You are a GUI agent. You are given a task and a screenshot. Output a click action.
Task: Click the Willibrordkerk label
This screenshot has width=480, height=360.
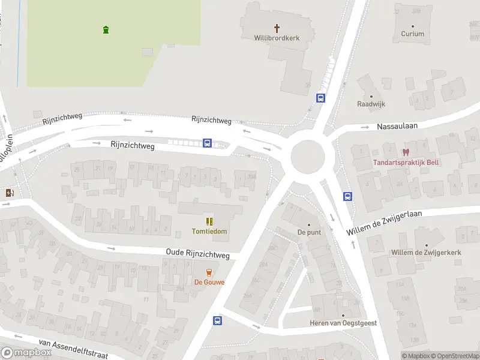click(277, 38)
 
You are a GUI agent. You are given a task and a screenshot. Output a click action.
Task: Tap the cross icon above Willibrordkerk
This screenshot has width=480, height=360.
click(277, 28)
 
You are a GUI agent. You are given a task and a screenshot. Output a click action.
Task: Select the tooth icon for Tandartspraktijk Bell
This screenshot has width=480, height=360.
click(406, 153)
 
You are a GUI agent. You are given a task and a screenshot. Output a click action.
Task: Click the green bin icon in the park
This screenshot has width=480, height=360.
click(106, 29)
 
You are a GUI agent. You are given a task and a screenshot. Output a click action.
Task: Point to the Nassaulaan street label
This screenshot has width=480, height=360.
click(397, 126)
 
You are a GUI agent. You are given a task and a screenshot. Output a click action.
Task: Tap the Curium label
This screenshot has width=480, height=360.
click(412, 34)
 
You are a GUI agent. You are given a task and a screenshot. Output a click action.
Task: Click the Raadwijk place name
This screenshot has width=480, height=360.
click(371, 104)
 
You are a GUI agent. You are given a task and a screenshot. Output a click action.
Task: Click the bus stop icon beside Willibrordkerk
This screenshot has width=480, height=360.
click(321, 98)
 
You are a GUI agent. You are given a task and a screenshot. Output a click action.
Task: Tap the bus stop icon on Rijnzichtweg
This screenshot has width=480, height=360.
click(207, 143)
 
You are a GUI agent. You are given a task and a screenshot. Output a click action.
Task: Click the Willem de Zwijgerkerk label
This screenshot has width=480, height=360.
click(426, 253)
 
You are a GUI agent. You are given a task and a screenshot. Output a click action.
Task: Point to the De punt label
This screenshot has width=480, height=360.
click(309, 232)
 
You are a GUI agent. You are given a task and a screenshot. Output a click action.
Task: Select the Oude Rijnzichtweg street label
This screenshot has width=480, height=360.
click(197, 255)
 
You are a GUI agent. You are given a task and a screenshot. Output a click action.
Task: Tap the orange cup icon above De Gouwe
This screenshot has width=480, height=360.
click(209, 272)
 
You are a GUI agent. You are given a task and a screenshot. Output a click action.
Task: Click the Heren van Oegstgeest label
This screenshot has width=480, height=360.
click(343, 323)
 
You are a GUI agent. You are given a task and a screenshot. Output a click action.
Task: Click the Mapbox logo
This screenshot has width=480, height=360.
click(26, 353)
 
